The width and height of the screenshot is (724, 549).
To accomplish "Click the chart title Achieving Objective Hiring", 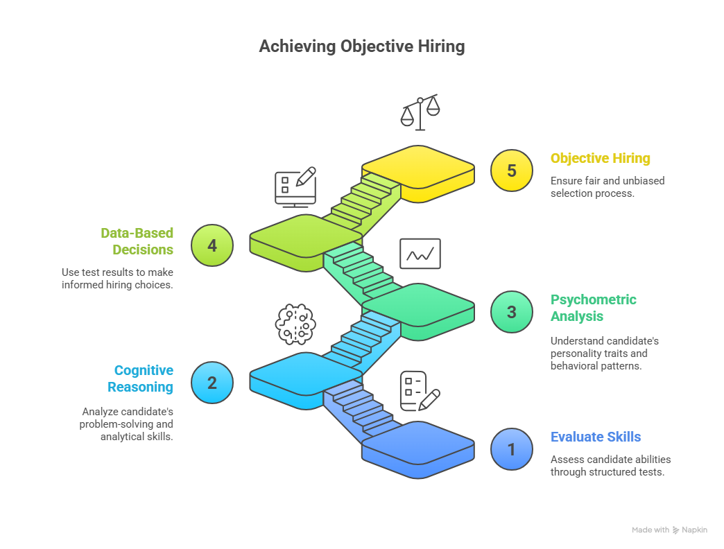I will tap(361, 46).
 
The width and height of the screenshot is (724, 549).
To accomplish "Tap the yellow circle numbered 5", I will tap(512, 171).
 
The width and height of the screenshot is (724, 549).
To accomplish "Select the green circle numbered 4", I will tap(212, 245).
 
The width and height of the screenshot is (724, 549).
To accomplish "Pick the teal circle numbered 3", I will tap(512, 312).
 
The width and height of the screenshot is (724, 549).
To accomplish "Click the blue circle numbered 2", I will tap(212, 383).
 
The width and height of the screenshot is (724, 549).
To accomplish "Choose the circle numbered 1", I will tap(512, 449).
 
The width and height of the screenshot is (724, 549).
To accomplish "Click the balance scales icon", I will tap(420, 111).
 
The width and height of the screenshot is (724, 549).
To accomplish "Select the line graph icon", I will tap(420, 254).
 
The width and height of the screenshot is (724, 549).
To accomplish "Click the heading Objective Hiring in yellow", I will tap(601, 158).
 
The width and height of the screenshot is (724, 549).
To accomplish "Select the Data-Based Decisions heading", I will tap(137, 241).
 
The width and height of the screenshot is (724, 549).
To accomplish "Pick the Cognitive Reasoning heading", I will tap(144, 378).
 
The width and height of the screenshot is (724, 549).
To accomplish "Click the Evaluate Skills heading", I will tap(596, 437).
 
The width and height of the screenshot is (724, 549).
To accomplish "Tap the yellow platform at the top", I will tap(417, 168).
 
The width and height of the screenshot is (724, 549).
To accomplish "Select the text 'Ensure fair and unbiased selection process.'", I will tap(607, 186).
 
